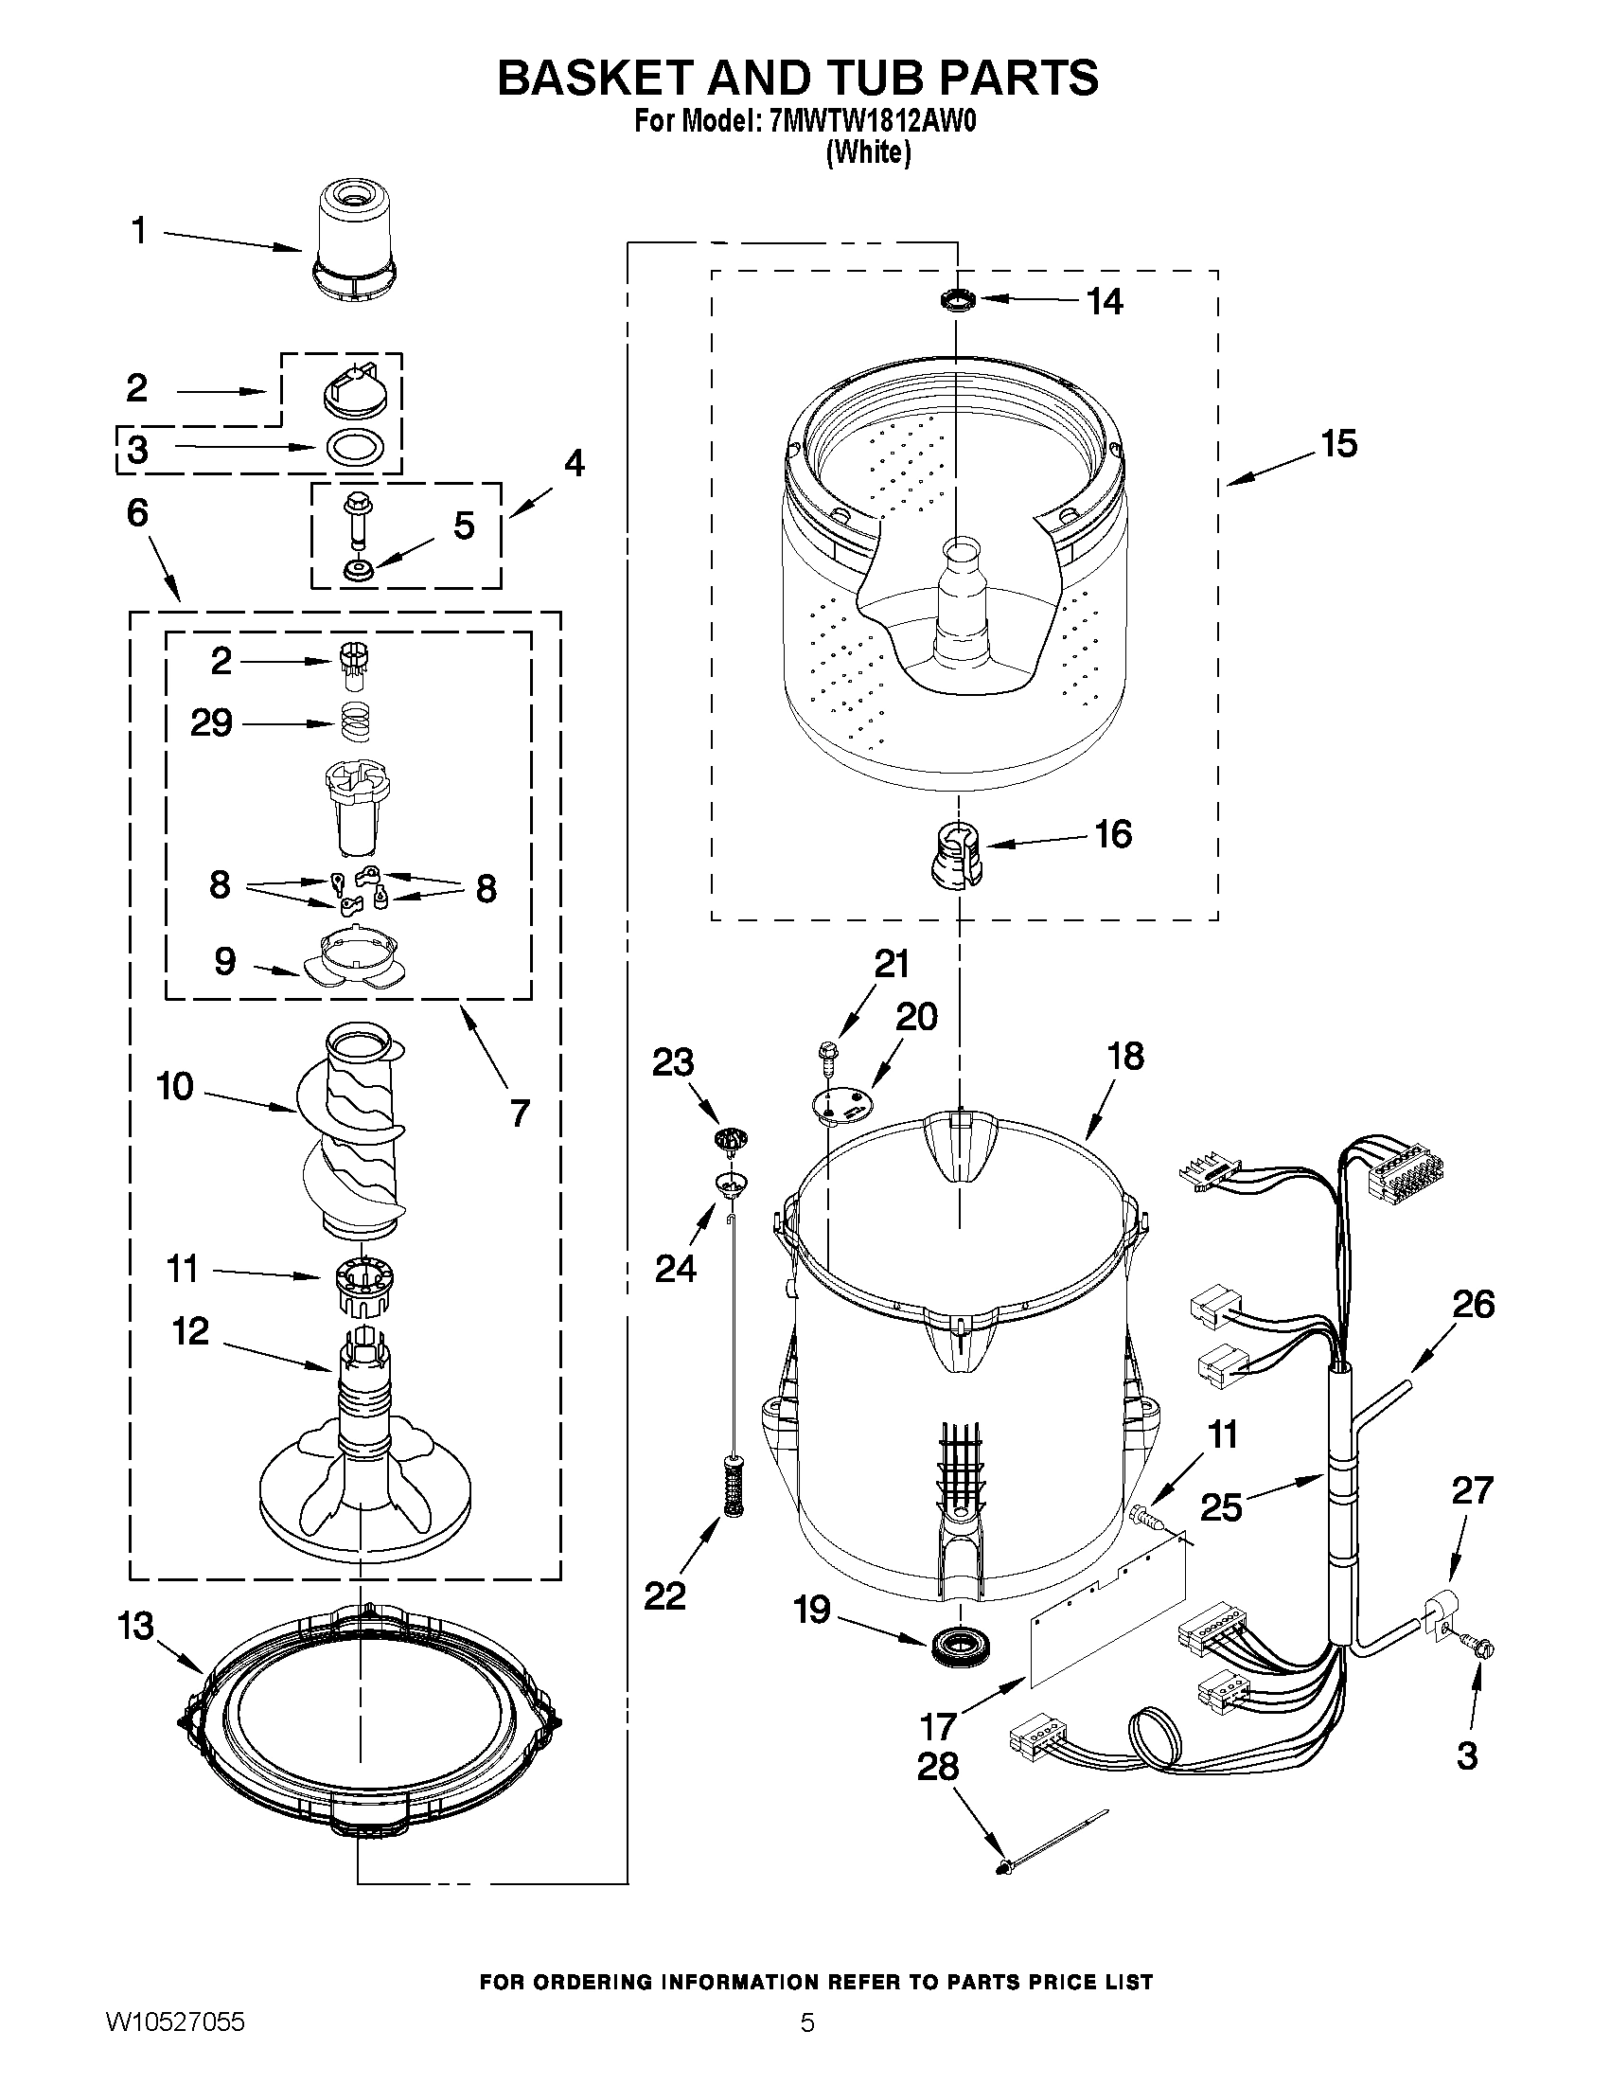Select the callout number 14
(x=1105, y=301)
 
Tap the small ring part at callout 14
(x=957, y=301)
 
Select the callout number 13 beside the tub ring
(x=134, y=1626)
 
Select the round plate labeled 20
(x=842, y=1103)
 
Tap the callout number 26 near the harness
(x=1472, y=1304)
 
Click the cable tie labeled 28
(x=1049, y=1836)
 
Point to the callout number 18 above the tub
(x=1125, y=1057)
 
